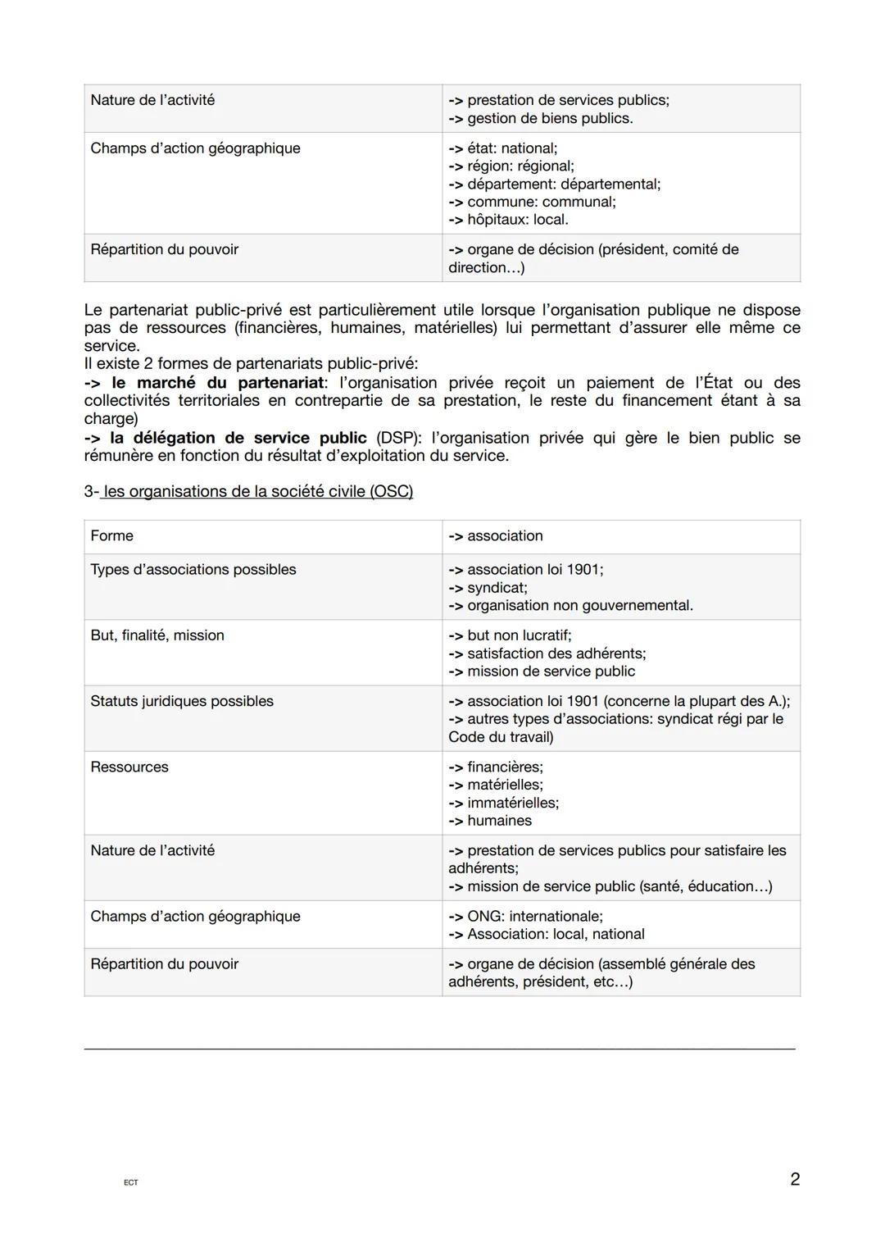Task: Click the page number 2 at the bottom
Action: coord(794,1179)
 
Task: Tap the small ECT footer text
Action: coord(131,1182)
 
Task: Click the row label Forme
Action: coord(111,535)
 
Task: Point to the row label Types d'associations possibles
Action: coord(193,569)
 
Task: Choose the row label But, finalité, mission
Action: coord(157,635)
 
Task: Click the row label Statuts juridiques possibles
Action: coord(182,701)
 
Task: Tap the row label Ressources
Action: coord(129,767)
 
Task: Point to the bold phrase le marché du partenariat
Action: coord(217,383)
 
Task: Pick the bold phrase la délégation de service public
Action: coord(238,438)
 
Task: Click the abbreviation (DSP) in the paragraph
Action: coord(395,438)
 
